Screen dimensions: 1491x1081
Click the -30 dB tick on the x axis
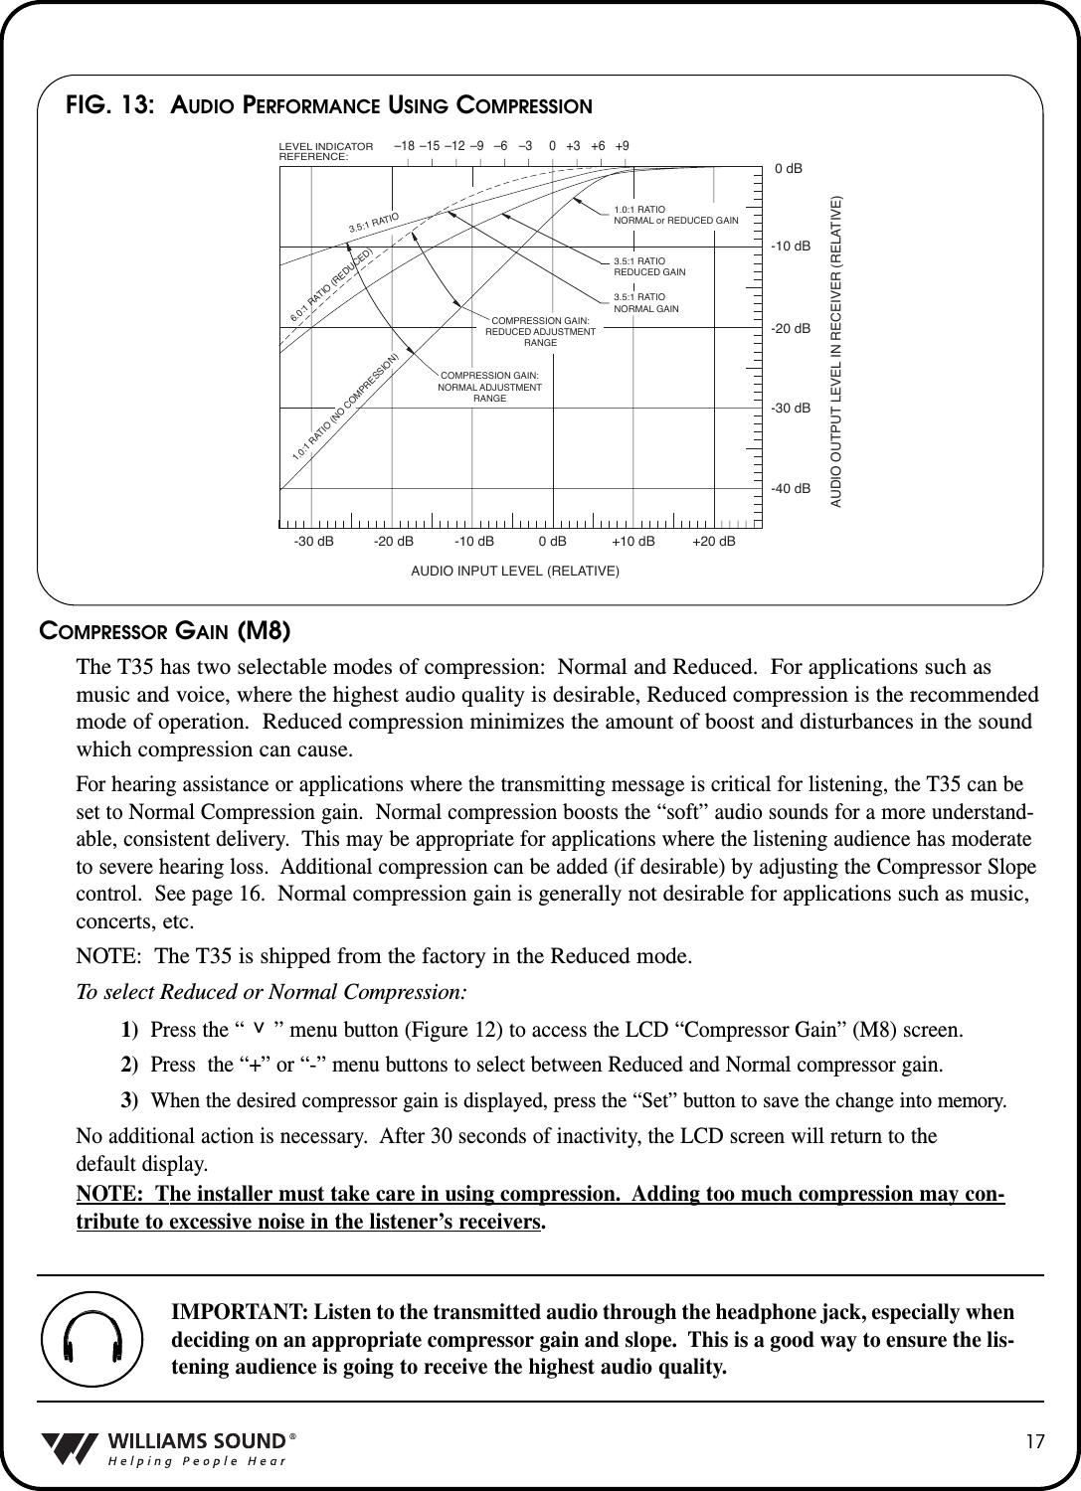313,542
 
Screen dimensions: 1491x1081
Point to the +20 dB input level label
714,542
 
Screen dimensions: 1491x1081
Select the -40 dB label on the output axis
791,489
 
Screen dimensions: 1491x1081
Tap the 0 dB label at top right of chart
789,169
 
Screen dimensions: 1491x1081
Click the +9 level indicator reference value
622,146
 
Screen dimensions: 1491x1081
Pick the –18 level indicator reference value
405,146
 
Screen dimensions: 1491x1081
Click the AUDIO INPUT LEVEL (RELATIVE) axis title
515,572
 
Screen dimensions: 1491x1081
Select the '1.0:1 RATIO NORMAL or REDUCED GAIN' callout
675,214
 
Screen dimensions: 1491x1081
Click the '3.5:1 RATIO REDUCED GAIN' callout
649,265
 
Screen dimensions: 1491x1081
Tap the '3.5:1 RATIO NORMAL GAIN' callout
646,302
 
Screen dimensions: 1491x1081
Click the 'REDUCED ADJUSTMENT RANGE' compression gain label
540,331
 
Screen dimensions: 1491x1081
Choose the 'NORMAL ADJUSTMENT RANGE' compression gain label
489,386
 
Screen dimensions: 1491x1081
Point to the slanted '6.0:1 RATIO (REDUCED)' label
331,285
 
